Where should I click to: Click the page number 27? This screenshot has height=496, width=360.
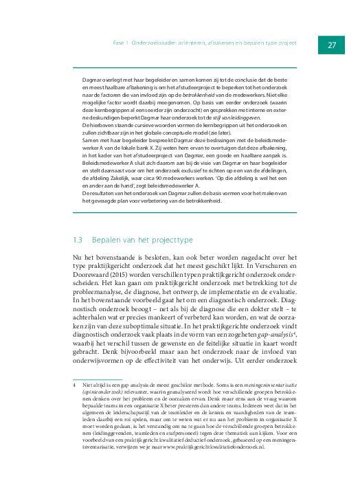coord(330,45)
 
